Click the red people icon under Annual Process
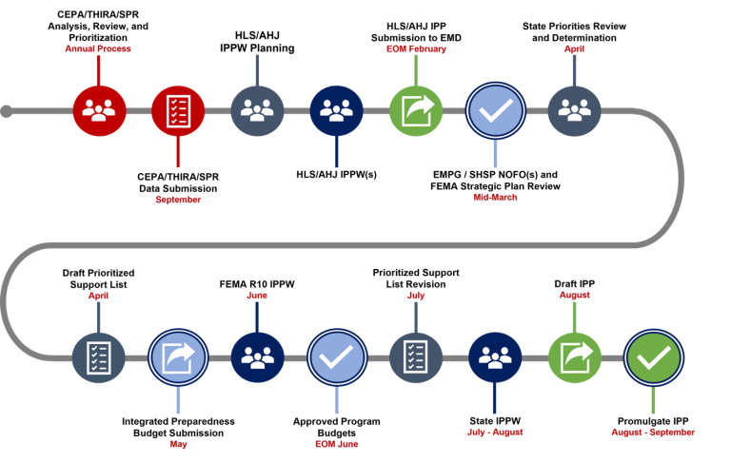click(99, 110)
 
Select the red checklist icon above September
click(178, 110)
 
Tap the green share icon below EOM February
click(416, 110)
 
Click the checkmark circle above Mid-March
click(495, 110)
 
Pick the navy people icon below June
click(257, 357)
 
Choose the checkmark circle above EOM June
click(336, 357)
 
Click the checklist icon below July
click(416, 357)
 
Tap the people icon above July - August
click(495, 357)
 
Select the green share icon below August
click(574, 357)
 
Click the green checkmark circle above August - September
click(653, 357)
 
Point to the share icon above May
click(178, 357)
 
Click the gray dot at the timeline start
click(7, 111)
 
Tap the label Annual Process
click(98, 48)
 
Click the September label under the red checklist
click(178, 200)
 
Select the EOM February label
click(416, 48)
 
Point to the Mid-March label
click(495, 198)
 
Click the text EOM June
click(336, 444)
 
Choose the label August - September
click(653, 433)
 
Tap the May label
click(178, 444)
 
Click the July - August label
click(495, 433)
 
